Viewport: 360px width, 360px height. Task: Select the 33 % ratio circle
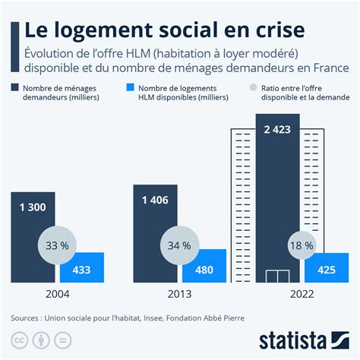pos(58,246)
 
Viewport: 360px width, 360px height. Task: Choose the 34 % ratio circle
pos(180,246)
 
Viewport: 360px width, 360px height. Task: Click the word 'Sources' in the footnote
pos(27,317)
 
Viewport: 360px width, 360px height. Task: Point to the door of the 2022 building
pos(279,275)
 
